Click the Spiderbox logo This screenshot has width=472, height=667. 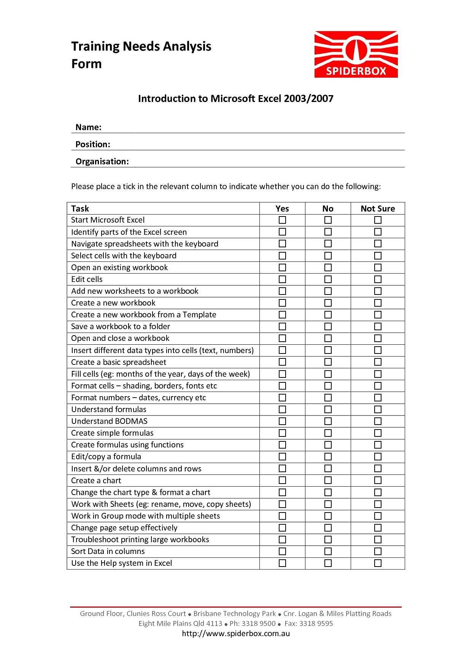(x=356, y=54)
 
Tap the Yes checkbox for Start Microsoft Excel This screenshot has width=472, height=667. (x=282, y=220)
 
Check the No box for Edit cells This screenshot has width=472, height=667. (x=328, y=279)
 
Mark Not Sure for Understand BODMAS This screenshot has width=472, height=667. (x=378, y=421)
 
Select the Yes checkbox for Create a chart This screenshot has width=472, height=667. (x=282, y=480)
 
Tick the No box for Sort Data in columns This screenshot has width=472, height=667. (x=328, y=551)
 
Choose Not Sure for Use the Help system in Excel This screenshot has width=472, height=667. (x=378, y=563)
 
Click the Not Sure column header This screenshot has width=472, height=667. (x=378, y=209)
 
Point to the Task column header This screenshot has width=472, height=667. (x=80, y=209)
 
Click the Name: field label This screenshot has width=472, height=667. (x=88, y=127)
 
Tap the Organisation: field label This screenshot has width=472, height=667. (x=102, y=161)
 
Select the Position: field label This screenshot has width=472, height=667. (x=93, y=144)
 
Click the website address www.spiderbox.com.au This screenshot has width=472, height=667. (x=236, y=634)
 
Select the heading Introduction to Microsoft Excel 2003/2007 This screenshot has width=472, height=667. (x=235, y=99)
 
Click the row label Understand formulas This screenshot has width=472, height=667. (x=109, y=409)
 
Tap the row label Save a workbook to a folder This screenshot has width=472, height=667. (x=121, y=326)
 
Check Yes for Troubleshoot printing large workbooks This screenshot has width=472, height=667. (x=282, y=540)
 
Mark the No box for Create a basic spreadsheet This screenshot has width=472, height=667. (x=328, y=362)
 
